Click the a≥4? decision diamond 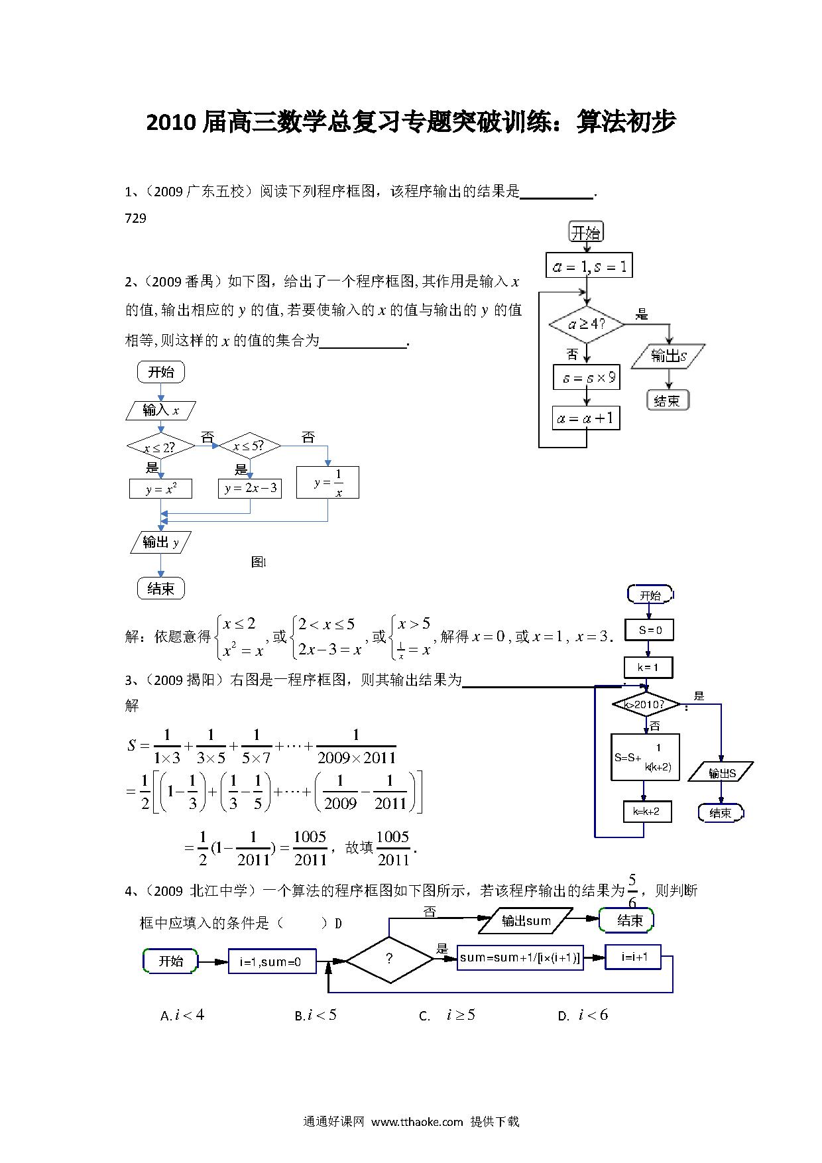(x=587, y=325)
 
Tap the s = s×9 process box (x=587, y=378)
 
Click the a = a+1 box (x=587, y=418)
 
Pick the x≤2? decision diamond (x=160, y=448)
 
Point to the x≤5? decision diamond (x=249, y=446)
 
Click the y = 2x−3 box (x=250, y=489)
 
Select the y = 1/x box (x=327, y=483)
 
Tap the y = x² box (x=160, y=489)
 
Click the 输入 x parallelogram (x=161, y=410)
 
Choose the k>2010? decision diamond (x=646, y=704)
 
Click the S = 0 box (x=649, y=630)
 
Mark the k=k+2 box (x=647, y=812)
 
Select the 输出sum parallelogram (x=526, y=920)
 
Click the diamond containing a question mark (x=389, y=959)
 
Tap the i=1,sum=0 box (x=272, y=961)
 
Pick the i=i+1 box (x=633, y=957)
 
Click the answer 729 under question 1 (x=135, y=218)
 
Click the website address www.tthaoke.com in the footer (x=417, y=1122)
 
